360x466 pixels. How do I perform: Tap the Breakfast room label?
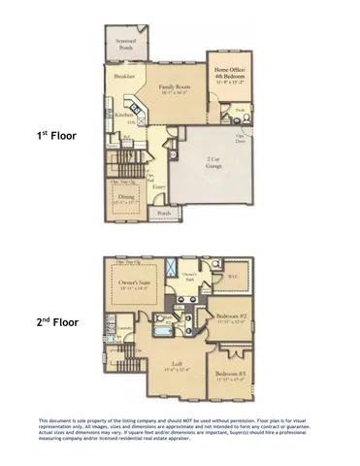(123, 77)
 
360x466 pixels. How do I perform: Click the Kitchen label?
(123, 115)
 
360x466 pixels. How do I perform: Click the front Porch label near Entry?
(164, 213)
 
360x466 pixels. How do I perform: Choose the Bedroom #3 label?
(231, 375)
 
